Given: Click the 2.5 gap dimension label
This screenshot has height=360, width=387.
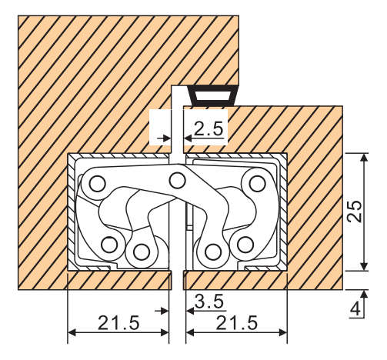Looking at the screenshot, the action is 209,128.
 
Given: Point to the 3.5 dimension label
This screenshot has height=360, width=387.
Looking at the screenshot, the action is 209,302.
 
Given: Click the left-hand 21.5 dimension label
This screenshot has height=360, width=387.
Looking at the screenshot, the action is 118,323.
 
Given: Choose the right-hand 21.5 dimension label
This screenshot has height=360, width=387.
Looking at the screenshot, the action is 237,323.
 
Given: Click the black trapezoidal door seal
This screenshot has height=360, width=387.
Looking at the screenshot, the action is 212,95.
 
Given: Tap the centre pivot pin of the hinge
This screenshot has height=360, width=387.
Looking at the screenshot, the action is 178,181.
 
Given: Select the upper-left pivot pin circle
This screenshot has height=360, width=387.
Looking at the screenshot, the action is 98,184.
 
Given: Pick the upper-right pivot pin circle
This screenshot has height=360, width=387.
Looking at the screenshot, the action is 257,184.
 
